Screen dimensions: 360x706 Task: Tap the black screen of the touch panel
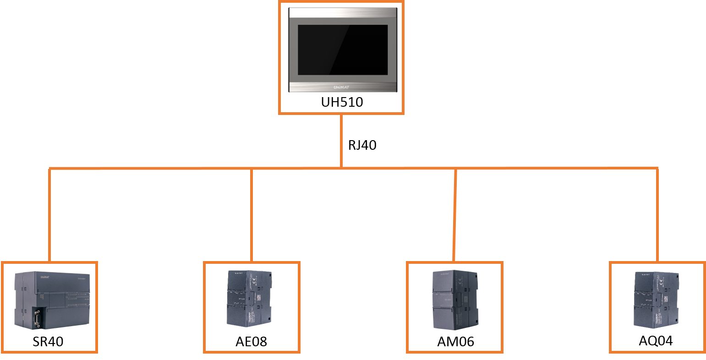(343, 50)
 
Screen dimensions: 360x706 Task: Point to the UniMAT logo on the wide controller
(44, 277)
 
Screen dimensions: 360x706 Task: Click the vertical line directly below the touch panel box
(341, 140)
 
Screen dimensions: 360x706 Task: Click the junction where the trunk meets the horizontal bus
(341, 168)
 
